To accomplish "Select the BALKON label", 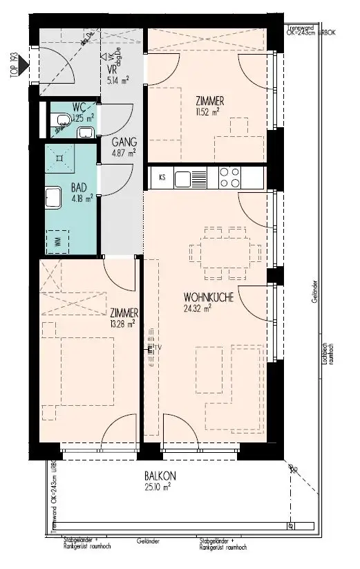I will coord(160,476).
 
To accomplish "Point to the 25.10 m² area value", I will coord(158,486).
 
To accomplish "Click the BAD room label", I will coord(79,187).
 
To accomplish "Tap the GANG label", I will coord(124,142).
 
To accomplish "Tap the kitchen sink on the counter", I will coord(187,179).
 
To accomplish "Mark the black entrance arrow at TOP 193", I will coord(26,67).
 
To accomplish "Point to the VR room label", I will coord(110,70).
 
